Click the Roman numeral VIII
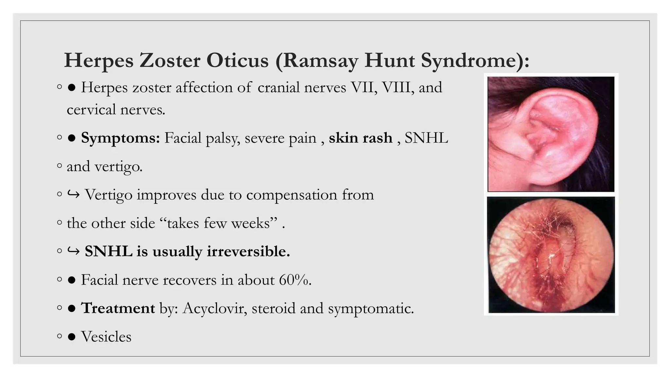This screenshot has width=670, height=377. click(397, 87)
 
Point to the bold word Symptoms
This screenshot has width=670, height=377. click(120, 138)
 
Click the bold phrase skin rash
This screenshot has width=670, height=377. click(361, 138)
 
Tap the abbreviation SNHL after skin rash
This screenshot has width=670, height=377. click(426, 138)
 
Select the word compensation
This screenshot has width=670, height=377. click(291, 195)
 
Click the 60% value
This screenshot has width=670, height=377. click(294, 280)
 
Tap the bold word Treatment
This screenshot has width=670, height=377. click(118, 308)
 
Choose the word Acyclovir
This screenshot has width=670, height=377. click(215, 308)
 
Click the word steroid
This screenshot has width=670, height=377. click(273, 308)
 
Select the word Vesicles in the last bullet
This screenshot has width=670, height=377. click(106, 336)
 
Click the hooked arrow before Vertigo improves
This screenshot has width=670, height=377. click(73, 195)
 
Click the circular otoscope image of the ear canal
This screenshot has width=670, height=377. click(551, 256)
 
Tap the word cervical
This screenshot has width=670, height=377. click(91, 109)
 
